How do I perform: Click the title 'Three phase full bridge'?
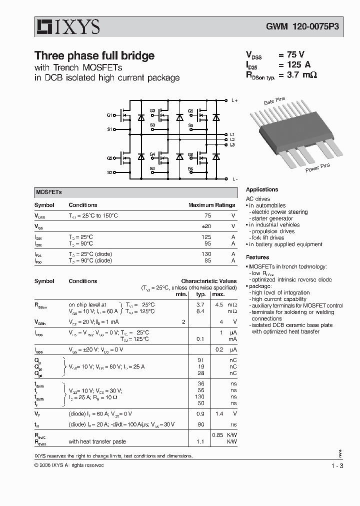click(x=94, y=56)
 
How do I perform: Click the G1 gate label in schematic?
click(x=109, y=115)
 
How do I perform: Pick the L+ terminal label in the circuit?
click(x=234, y=100)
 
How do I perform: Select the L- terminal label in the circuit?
click(x=234, y=179)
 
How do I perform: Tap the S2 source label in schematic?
click(x=109, y=172)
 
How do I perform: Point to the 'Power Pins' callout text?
click(x=318, y=167)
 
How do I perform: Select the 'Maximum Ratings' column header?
click(x=211, y=205)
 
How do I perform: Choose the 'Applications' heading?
click(x=262, y=189)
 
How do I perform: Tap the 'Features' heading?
click(x=257, y=257)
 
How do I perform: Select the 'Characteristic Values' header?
click(x=208, y=281)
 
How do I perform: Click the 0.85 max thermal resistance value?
click(x=218, y=434)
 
